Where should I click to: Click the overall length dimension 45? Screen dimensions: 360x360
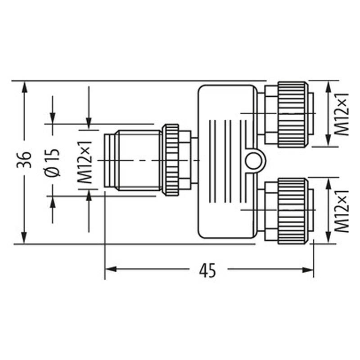pos(207,270)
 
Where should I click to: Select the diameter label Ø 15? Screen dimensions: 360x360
pos(53,161)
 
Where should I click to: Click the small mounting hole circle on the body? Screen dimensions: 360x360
pos(254,160)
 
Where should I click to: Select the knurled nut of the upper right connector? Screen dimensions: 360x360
pos(292,114)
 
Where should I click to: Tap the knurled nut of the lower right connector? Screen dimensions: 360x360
pos(292,211)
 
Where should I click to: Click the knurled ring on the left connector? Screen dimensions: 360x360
pos(171,160)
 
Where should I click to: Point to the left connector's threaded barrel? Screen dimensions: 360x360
pos(135,160)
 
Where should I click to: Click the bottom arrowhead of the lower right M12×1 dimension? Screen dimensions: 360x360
pos(328,239)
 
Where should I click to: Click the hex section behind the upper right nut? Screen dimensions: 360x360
pos(270,114)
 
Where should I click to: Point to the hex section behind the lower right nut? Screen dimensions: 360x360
pos(270,211)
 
